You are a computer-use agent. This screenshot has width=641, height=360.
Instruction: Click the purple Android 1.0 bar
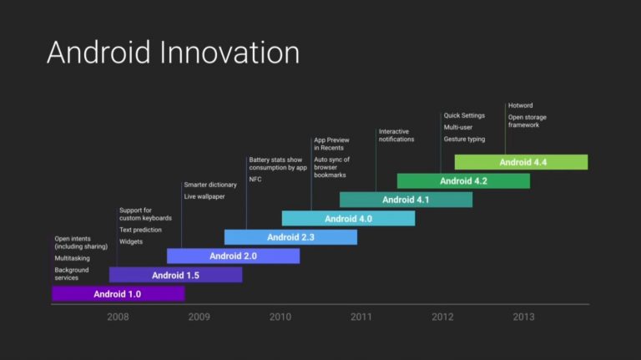[119, 294]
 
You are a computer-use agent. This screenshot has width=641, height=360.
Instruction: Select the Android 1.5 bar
[176, 275]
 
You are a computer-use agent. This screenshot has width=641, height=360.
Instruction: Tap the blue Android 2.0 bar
[233, 256]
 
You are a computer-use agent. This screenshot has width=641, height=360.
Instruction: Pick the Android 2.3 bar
[290, 237]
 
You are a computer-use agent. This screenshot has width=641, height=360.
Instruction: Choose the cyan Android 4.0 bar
[348, 219]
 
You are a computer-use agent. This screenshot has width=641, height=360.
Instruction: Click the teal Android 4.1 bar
[406, 200]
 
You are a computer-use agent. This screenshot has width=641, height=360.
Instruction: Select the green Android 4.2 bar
[463, 180]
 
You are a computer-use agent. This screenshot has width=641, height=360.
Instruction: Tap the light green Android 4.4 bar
[521, 162]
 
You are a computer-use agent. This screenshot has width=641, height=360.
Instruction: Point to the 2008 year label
[118, 317]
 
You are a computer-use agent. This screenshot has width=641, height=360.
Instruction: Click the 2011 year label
[361, 317]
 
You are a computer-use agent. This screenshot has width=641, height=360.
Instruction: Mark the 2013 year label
[523, 317]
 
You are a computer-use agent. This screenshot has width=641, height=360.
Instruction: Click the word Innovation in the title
[230, 53]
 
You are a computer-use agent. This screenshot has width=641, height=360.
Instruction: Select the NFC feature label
[255, 180]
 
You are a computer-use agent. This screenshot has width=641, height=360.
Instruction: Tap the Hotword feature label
[521, 105]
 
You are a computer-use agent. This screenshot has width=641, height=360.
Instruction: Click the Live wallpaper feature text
[204, 196]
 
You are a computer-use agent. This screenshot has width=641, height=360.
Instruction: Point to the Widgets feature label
[131, 241]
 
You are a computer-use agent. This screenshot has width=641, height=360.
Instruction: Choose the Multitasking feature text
[72, 258]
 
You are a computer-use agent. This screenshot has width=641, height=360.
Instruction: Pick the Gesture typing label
[464, 139]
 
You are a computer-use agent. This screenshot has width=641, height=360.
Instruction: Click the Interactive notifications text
[396, 135]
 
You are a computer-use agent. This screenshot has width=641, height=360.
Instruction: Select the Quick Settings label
[464, 115]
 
